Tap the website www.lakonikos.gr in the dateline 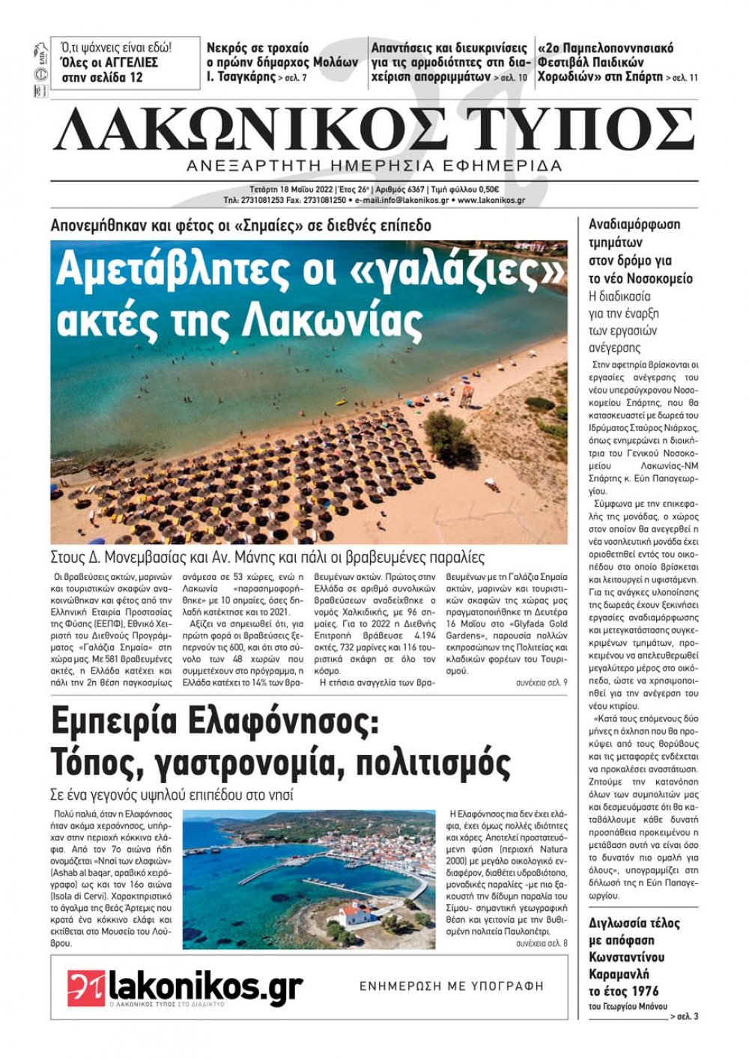[491, 201]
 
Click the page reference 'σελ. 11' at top [685, 78]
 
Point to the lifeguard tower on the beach [466, 392]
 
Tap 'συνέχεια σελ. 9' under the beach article [541, 683]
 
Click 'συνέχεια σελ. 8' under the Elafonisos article [541, 944]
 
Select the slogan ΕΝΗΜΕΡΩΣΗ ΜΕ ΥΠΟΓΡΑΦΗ [452, 986]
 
